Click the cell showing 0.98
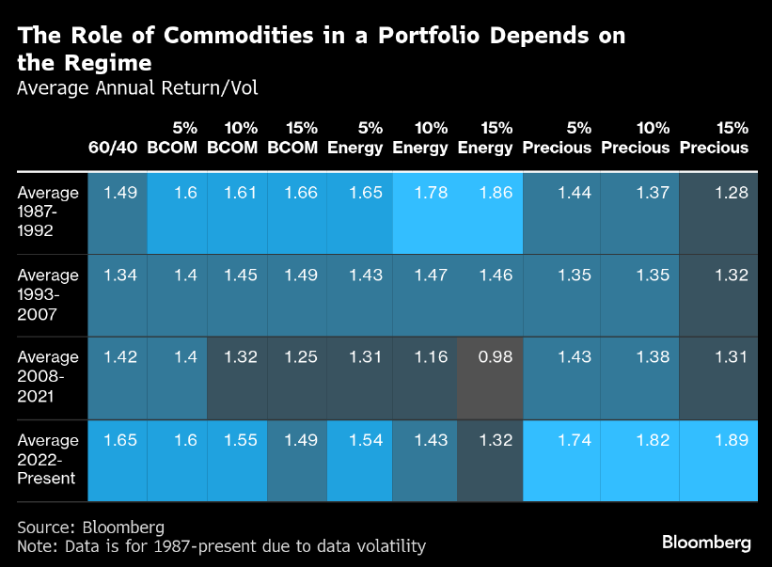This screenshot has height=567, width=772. [491, 358]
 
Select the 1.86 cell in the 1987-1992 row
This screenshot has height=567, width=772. [491, 193]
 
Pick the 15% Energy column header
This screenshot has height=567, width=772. [485, 137]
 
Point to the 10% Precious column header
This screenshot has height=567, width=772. [635, 137]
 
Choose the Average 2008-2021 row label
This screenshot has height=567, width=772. [48, 377]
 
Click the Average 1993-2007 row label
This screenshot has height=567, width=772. [48, 294]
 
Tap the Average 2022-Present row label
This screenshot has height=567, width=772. [48, 460]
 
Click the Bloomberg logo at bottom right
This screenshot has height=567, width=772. [706, 543]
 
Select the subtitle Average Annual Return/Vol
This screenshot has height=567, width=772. [137, 88]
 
